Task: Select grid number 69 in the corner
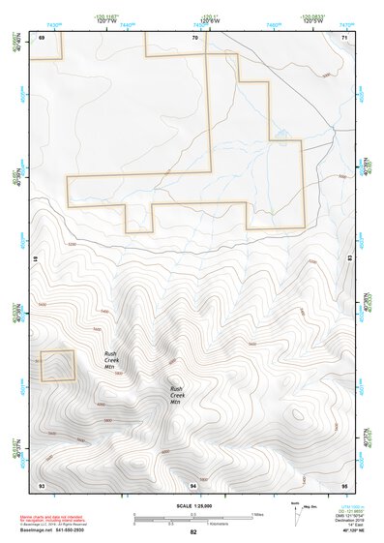coord(42,37)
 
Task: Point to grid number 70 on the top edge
coord(194,37)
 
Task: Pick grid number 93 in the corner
coord(42,483)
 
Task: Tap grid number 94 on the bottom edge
coord(193,483)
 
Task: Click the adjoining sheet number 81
coord(34,259)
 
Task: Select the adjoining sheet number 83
coord(350,259)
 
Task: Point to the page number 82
coord(193,531)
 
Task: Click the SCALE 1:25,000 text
coord(192,506)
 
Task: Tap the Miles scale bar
coord(192,515)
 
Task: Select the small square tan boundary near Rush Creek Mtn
coord(57,366)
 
